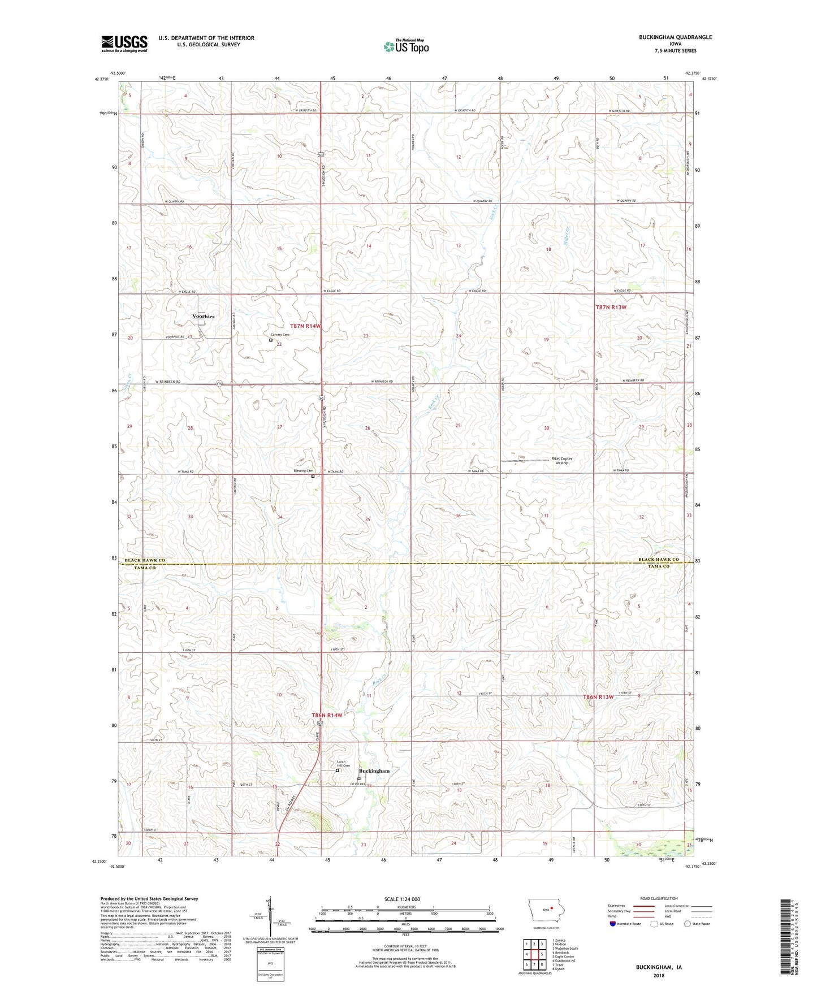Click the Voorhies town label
[204, 317]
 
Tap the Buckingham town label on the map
[374, 771]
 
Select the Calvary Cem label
[279, 334]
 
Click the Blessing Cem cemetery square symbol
[313, 476]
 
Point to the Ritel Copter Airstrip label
[561, 461]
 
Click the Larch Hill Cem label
[343, 764]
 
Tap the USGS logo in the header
[124, 44]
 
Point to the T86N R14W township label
[327, 715]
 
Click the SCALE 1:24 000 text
[405, 899]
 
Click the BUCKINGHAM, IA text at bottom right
[658, 967]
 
